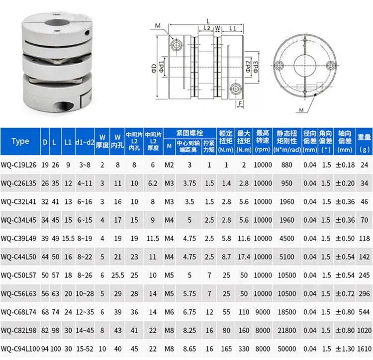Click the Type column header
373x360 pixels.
(x=20, y=141)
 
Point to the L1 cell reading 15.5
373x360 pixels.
(x=68, y=238)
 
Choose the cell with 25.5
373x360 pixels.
(x=118, y=274)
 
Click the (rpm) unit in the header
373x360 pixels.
(x=263, y=149)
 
